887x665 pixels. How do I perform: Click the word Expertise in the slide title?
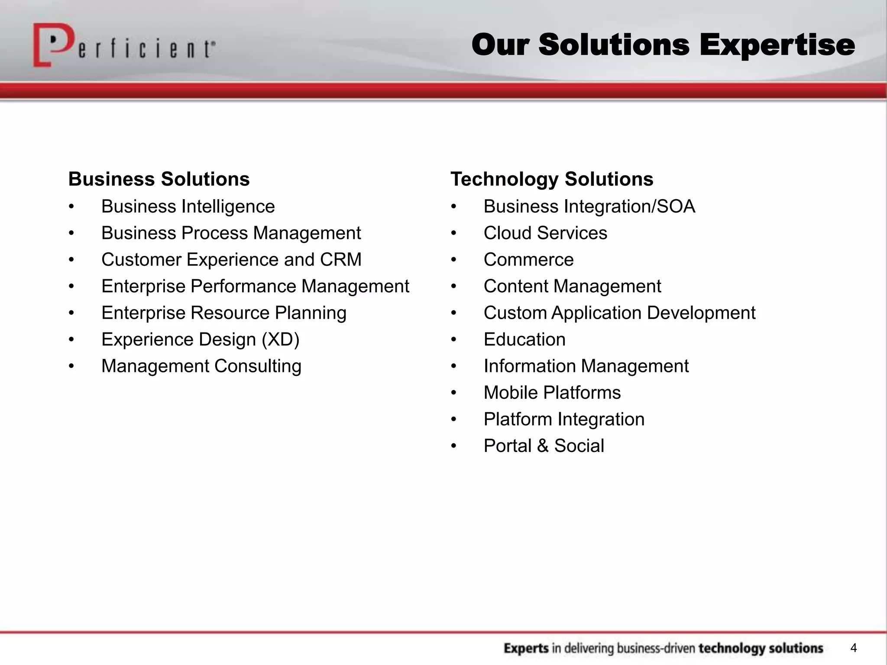[x=777, y=45]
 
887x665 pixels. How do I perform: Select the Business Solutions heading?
[x=159, y=179]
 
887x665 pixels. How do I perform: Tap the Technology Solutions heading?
[x=551, y=179]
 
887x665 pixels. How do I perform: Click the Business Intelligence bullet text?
[x=188, y=207]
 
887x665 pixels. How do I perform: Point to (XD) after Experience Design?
[x=280, y=339]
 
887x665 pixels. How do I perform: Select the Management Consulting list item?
[x=201, y=366]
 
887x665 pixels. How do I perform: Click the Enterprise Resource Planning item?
[x=223, y=313]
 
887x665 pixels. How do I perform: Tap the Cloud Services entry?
[x=545, y=233]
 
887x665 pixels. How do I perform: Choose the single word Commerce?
[x=528, y=260]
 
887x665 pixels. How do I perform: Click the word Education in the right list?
[x=524, y=339]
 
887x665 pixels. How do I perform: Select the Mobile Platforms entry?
[x=552, y=393]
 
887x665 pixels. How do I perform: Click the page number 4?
[x=853, y=648]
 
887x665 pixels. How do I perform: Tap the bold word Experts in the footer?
[x=526, y=649]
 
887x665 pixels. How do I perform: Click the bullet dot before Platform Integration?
[x=453, y=420]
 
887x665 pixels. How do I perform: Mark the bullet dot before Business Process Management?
[x=71, y=233]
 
